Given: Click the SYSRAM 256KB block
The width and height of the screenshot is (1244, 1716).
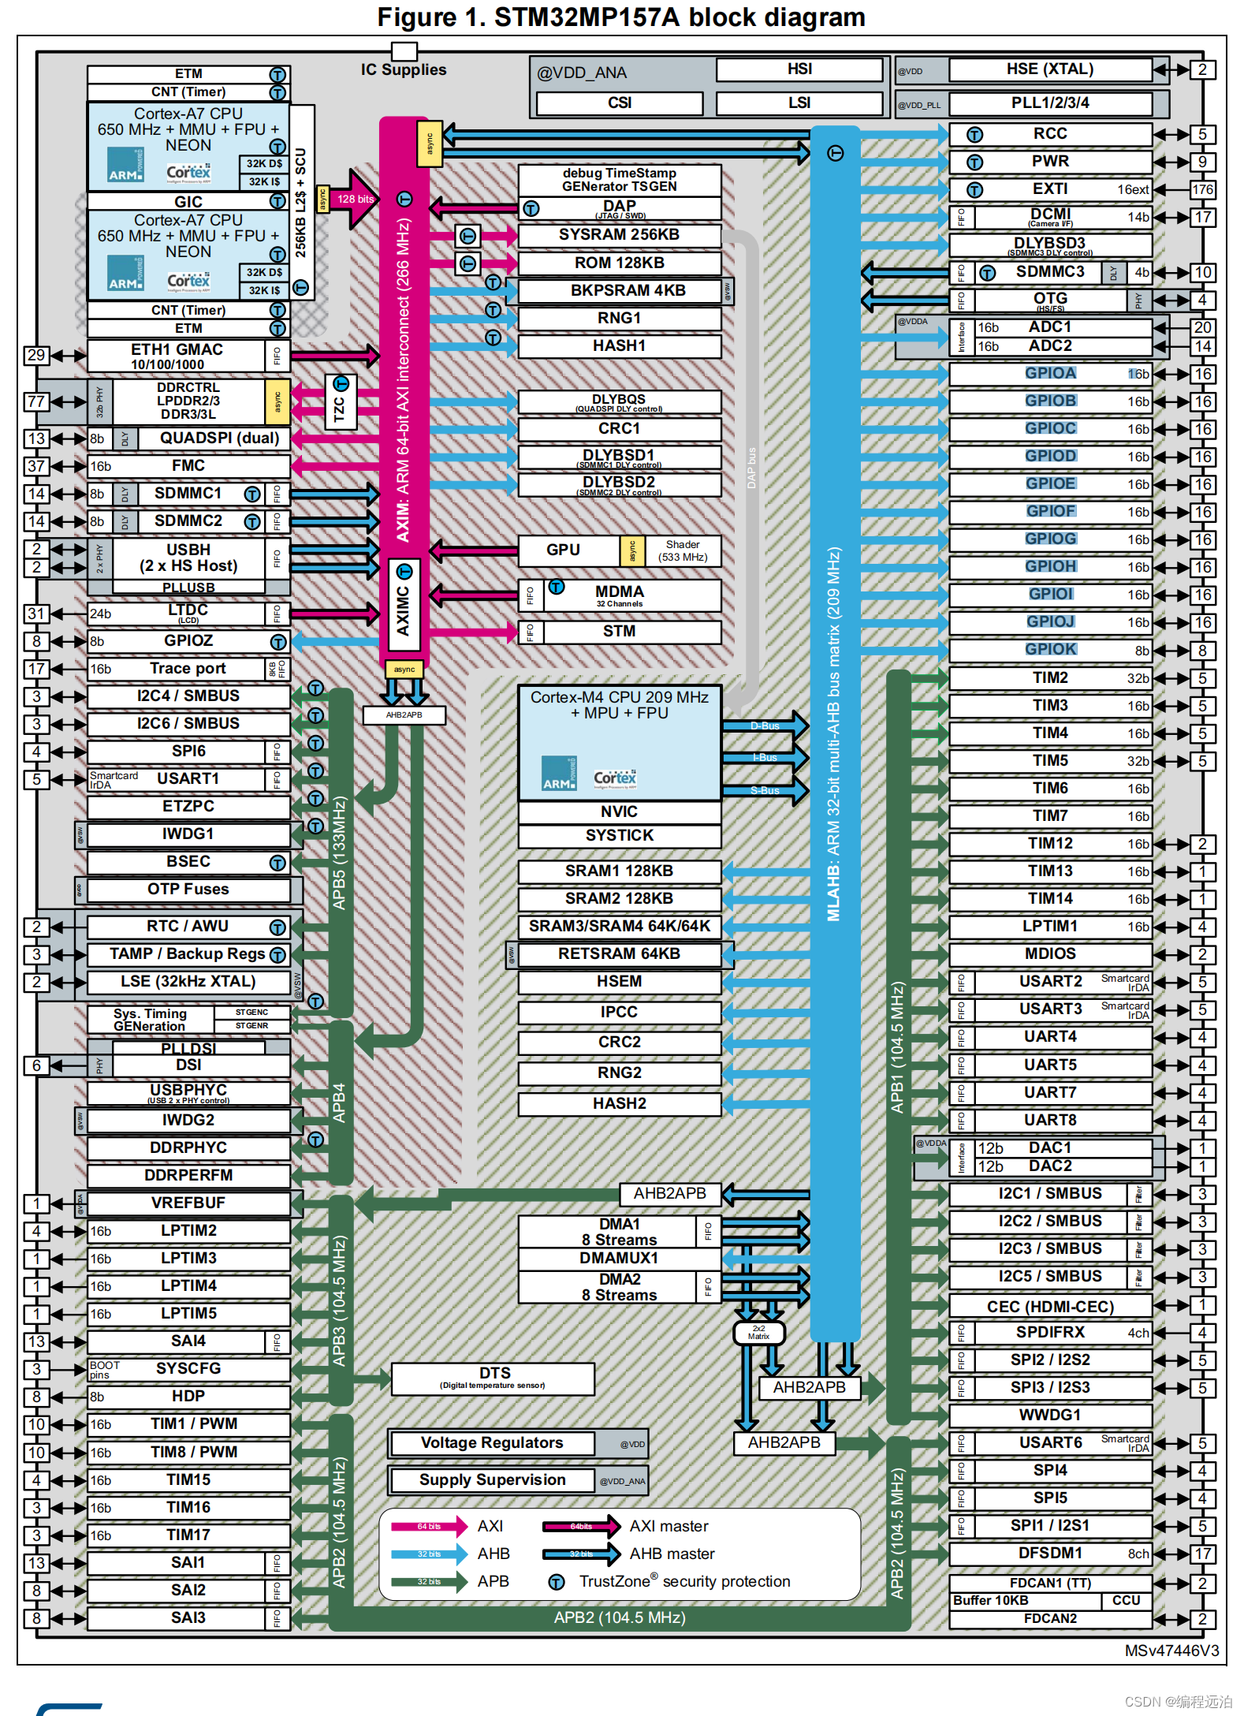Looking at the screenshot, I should [x=619, y=235].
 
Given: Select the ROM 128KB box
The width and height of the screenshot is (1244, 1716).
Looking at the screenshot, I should [x=619, y=263].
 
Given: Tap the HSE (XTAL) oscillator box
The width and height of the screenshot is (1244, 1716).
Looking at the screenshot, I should [x=1049, y=69].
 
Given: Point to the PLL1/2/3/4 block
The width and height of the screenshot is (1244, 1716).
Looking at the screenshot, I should [x=1049, y=103].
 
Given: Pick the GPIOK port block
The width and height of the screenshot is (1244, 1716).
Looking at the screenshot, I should [x=1049, y=650].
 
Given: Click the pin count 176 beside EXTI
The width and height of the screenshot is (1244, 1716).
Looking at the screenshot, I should [x=1202, y=190].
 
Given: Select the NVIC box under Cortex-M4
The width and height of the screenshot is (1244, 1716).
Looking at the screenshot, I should [x=619, y=812].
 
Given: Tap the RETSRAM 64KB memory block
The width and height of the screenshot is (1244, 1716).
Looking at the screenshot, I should [x=619, y=954].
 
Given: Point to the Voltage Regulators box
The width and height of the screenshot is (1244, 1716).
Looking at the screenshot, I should [x=492, y=1443].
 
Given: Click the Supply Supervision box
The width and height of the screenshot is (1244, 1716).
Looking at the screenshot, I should [x=492, y=1480].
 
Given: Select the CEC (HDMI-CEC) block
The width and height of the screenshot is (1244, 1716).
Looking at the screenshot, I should [x=1049, y=1307].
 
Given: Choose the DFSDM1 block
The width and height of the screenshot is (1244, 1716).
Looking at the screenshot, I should [x=1049, y=1554].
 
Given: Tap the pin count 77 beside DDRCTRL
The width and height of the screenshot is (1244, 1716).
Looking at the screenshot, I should [x=36, y=401].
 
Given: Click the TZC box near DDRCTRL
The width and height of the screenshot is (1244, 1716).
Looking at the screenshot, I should [x=340, y=402].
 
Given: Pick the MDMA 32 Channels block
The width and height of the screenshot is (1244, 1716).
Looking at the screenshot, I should [x=619, y=595].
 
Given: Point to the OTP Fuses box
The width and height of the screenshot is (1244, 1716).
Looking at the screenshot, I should [x=188, y=890].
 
